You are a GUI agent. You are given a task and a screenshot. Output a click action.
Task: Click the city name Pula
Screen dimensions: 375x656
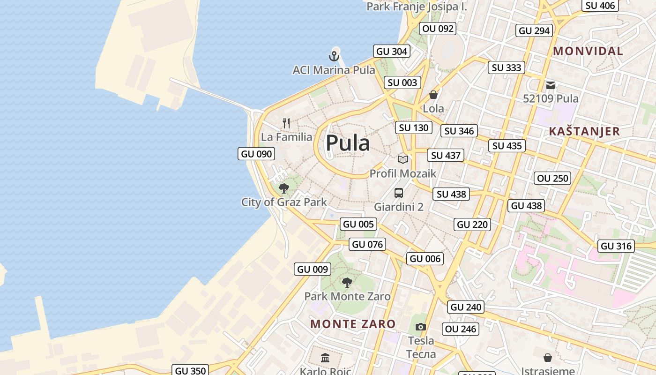pos(348,142)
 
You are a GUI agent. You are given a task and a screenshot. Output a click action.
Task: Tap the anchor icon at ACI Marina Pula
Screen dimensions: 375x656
pos(334,57)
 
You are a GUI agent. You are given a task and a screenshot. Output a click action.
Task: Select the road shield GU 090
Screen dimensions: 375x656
pos(256,154)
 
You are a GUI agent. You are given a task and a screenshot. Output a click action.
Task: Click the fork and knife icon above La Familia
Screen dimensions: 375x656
pos(286,123)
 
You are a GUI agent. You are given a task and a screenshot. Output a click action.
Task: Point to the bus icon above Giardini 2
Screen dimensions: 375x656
pos(398,193)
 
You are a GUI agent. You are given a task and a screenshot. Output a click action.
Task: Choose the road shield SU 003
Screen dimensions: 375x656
pos(402,82)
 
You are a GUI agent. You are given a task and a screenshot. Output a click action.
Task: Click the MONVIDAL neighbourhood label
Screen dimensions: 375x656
pos(588,51)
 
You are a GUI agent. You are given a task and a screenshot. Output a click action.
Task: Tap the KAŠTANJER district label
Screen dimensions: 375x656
pos(584,131)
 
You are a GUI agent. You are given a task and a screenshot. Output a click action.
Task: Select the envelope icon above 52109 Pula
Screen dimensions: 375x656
pos(551,85)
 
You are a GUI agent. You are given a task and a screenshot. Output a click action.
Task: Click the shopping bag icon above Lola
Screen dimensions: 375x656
pos(433,95)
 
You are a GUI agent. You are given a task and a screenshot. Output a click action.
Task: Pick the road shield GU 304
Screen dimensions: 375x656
pos(392,51)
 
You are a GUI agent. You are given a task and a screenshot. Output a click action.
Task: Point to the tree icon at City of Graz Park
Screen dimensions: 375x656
pos(283,188)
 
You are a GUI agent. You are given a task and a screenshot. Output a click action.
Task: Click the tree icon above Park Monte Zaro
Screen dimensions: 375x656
pos(347,282)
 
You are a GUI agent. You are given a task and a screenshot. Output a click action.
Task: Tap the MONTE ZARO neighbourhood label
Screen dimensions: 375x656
pos(353,323)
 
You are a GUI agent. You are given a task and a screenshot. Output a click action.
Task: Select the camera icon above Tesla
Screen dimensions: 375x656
pos(421,327)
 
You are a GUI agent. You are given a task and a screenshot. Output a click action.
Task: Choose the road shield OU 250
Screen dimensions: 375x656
pos(552,178)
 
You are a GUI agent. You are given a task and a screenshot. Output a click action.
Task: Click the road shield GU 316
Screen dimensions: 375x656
pos(616,246)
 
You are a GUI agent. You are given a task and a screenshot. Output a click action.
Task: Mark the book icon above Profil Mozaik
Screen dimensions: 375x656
pos(403,159)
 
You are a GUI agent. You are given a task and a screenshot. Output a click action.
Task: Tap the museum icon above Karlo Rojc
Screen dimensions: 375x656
pos(325,358)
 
